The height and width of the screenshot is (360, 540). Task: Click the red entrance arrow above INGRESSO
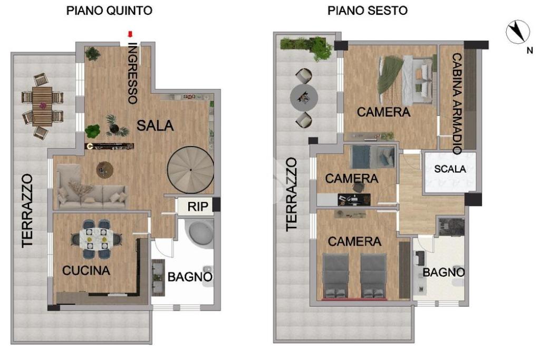click(x=130, y=34)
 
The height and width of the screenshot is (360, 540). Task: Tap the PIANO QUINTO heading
click(x=109, y=11)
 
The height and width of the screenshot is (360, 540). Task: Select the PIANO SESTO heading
click(x=368, y=11)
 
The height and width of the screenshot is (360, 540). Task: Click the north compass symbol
click(x=518, y=32)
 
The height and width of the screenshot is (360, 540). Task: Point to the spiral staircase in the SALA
click(x=190, y=170)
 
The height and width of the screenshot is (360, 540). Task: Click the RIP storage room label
click(x=198, y=207)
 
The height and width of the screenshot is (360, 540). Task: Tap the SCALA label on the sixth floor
click(x=450, y=169)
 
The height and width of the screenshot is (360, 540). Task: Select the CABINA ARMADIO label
click(x=457, y=103)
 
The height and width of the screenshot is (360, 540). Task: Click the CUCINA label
click(x=86, y=270)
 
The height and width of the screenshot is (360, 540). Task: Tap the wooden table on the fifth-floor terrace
click(x=42, y=105)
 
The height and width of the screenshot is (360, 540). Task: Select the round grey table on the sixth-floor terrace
click(x=304, y=98)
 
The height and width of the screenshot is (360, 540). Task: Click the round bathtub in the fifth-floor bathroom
click(x=199, y=232)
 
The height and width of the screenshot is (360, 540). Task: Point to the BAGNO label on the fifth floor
click(x=190, y=277)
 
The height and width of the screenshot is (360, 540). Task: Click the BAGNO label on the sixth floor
click(x=443, y=272)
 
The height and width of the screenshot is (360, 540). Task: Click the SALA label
click(x=155, y=125)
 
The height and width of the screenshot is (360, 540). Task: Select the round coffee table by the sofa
click(x=105, y=170)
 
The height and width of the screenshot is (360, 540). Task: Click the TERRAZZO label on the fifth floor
click(x=27, y=211)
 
